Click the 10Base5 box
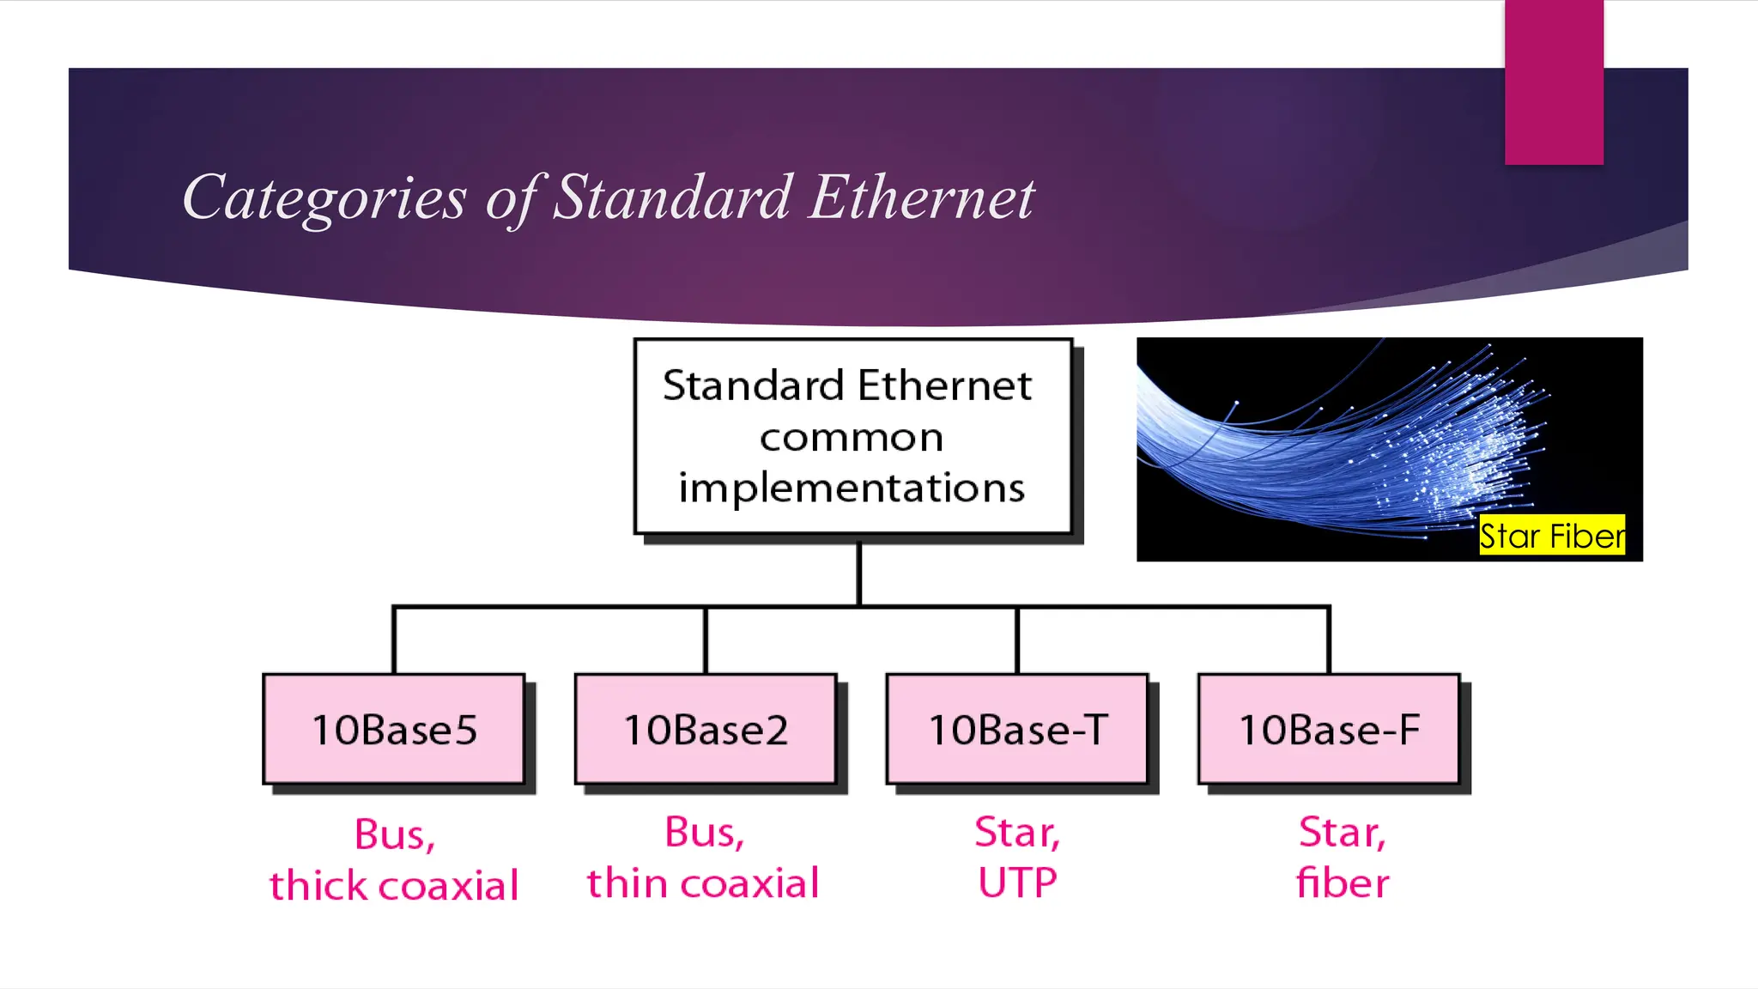[x=394, y=729]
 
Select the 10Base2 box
[x=706, y=729]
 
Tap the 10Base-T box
[x=1017, y=729]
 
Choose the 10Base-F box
[x=1329, y=729]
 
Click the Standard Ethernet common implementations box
[x=852, y=436]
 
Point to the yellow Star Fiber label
[x=1552, y=536]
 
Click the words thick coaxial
[x=394, y=885]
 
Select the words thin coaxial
[x=703, y=883]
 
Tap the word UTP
[x=1017, y=883]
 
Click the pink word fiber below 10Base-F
[x=1343, y=883]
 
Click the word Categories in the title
[x=324, y=197]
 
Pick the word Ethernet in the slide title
[x=922, y=197]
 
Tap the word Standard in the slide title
[x=671, y=197]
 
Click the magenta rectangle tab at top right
[x=1554, y=82]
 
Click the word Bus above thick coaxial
[x=394, y=834]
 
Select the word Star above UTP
[x=1017, y=832]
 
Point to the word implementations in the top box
[x=852, y=488]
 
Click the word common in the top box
[x=852, y=438]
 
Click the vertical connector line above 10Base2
[x=706, y=640]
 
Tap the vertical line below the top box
[x=858, y=573]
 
